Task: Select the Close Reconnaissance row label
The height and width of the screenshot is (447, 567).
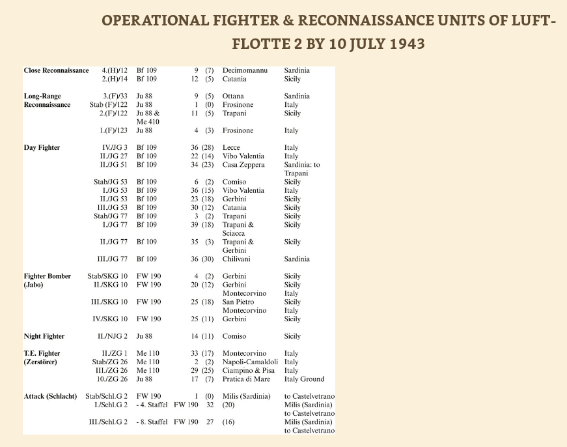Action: [56, 70]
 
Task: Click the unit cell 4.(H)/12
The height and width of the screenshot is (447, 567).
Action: [114, 70]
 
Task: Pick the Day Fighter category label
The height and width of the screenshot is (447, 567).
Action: [42, 148]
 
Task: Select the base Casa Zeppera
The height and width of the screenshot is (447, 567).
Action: [243, 165]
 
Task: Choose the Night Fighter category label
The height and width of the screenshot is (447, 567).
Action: [44, 337]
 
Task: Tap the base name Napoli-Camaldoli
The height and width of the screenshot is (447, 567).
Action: [250, 362]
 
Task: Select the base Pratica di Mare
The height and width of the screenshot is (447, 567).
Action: [246, 379]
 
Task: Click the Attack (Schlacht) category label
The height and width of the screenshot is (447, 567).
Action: [51, 397]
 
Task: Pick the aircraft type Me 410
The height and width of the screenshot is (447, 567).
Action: [148, 121]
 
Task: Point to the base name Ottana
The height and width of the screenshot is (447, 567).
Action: [233, 96]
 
